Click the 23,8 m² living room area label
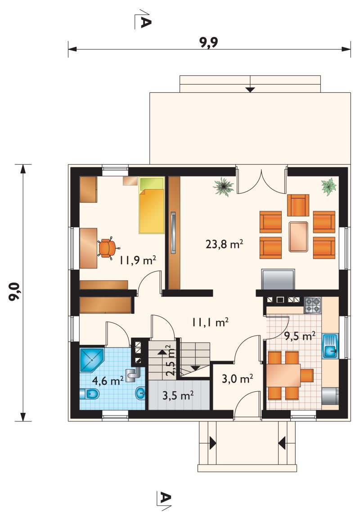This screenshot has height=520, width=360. [225, 244]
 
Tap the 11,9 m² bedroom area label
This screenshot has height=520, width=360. [138, 260]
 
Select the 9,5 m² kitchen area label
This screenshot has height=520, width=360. [300, 336]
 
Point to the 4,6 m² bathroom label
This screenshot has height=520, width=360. [108, 380]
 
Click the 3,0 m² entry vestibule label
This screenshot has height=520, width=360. [237, 378]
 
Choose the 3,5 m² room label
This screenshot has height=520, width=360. [178, 395]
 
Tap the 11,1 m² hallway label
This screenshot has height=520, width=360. [210, 322]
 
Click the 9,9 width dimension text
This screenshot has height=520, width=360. [209, 42]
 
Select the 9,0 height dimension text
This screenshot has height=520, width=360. [14, 292]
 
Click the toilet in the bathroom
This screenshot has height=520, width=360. [90, 394]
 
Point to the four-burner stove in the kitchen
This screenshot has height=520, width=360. [313, 305]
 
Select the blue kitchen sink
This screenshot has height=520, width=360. [330, 346]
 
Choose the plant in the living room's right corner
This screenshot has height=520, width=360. [329, 187]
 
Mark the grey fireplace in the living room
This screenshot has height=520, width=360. [278, 279]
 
